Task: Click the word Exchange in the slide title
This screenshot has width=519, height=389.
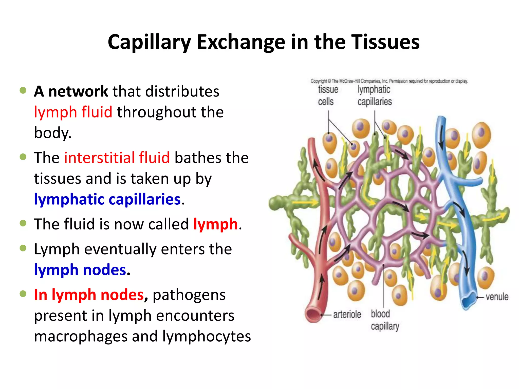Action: [241, 42]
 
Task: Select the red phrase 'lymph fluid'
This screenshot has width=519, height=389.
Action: [73, 112]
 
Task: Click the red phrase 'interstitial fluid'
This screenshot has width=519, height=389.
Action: [117, 158]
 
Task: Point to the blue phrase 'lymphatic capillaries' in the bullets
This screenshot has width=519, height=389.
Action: [107, 199]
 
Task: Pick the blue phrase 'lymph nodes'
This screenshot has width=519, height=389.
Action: [80, 270]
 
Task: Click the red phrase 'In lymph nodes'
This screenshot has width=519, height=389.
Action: [89, 295]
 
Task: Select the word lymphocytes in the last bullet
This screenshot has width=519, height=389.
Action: [207, 336]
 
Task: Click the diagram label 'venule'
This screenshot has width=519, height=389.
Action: [497, 297]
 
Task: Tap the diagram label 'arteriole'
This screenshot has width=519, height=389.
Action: [347, 315]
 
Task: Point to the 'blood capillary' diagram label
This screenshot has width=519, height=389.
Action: [384, 320]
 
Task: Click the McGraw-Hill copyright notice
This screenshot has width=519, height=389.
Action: [389, 81]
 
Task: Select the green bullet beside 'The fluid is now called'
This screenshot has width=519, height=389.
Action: [23, 223]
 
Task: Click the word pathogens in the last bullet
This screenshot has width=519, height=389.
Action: [189, 295]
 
